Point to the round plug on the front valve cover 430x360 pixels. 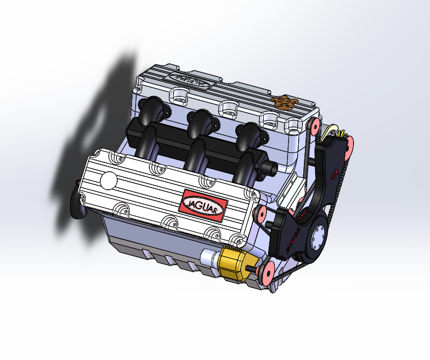point(109,180)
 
